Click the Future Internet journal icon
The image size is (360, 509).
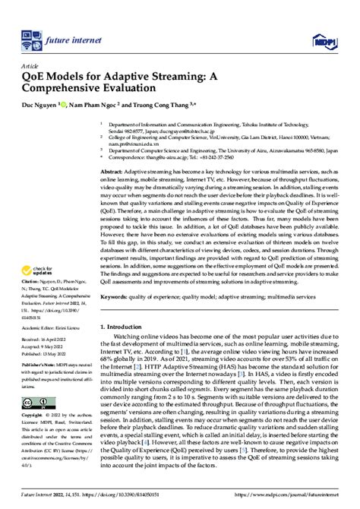pyautogui.click(x=30, y=36)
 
